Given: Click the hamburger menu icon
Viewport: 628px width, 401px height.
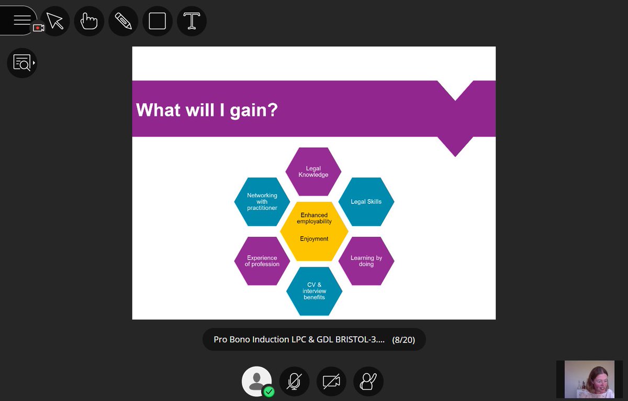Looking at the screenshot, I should (x=22, y=20).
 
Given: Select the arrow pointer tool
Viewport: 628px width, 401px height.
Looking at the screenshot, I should (x=55, y=21).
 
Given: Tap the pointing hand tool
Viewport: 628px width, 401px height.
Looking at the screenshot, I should (x=89, y=21).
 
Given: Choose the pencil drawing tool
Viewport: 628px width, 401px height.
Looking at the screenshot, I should (x=124, y=21).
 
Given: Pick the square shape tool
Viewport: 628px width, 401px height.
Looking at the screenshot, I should (x=158, y=21).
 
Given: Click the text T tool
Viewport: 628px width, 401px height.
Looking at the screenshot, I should (x=192, y=21).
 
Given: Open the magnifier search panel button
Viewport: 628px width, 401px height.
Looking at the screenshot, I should (x=22, y=63).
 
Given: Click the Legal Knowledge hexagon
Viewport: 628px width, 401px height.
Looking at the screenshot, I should (x=313, y=171).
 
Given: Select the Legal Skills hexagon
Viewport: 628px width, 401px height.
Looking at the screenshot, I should (x=366, y=202).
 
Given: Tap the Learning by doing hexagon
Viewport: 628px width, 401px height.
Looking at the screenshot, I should (x=366, y=261).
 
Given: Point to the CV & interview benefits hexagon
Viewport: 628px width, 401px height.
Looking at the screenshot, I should (x=314, y=291).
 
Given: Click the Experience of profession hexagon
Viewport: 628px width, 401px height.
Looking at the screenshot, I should (x=262, y=261).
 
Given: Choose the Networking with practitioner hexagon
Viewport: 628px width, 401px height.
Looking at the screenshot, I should (x=262, y=202).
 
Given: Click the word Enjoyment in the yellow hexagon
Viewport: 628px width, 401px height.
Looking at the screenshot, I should (x=314, y=239).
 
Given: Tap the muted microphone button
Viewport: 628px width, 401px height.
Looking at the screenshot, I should (x=294, y=382).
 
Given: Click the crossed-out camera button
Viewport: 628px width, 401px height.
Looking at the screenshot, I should (x=331, y=382).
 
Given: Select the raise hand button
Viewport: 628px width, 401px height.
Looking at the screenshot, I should (x=368, y=382).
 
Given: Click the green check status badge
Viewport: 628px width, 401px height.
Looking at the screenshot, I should (x=268, y=391).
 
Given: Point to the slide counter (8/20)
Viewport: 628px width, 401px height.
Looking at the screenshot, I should (x=403, y=340).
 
